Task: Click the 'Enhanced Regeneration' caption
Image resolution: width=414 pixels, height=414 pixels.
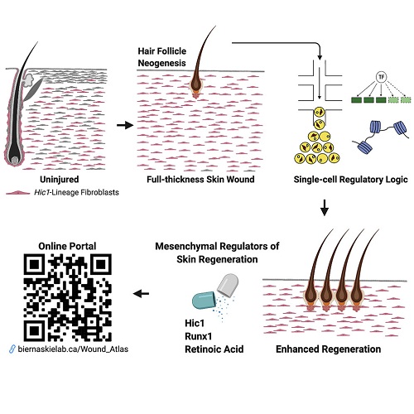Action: (x=329, y=349)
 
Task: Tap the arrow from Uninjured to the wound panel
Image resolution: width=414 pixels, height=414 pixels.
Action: (x=126, y=125)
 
